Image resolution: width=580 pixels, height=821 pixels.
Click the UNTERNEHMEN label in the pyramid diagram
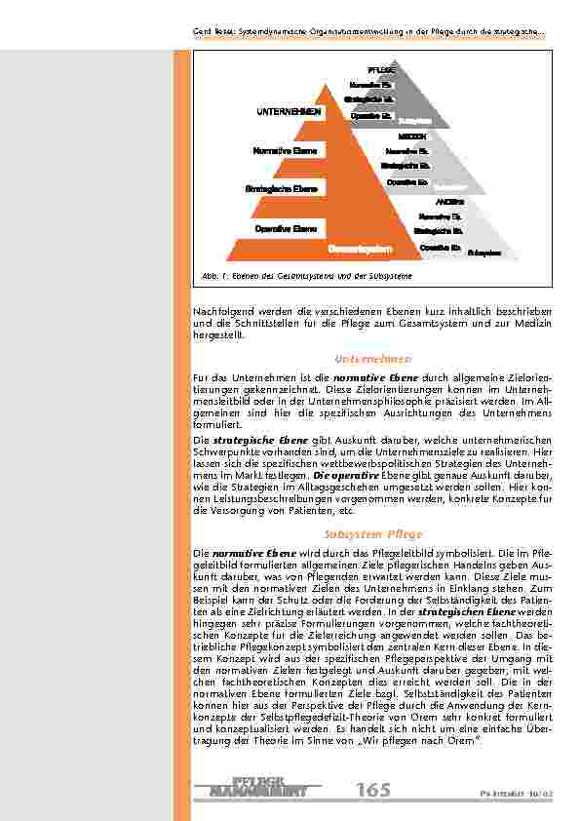[x=289, y=112]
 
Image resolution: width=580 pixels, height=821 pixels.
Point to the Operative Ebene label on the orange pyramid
[x=286, y=228]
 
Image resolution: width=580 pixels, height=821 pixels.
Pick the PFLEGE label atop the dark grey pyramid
[x=380, y=71]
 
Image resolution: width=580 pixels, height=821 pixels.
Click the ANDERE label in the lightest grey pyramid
[x=436, y=200]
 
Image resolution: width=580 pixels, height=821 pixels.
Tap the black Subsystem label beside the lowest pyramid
[x=484, y=253]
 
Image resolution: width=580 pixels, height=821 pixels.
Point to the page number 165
[x=374, y=790]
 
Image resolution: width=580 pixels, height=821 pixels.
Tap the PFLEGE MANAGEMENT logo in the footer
[x=263, y=788]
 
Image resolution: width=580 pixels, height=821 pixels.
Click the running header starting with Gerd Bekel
[x=368, y=35]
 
